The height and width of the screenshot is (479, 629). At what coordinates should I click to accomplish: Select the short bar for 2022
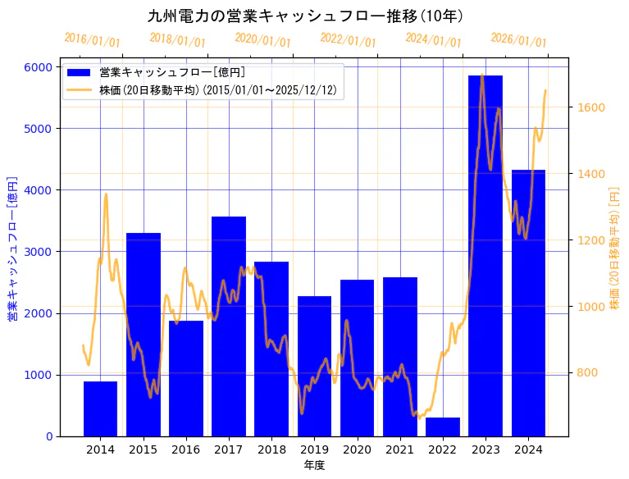coord(442,427)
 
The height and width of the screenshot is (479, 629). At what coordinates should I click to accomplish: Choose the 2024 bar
coord(528,303)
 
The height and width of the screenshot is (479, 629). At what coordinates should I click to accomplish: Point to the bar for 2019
coord(314,366)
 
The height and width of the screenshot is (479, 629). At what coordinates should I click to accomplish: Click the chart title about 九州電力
coord(305,16)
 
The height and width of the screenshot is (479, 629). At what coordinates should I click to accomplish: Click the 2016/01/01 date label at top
coord(92,40)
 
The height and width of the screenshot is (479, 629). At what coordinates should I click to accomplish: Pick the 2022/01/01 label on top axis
coord(348,40)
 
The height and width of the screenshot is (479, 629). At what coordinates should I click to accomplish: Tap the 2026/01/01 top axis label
coord(518,40)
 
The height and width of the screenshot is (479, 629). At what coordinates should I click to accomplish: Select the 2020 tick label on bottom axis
coord(357,449)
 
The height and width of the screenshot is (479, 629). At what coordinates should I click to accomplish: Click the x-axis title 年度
coord(314,465)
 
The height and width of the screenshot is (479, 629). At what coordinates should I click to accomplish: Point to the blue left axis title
coord(12,249)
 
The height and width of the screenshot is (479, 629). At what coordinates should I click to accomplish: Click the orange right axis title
coord(615,249)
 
